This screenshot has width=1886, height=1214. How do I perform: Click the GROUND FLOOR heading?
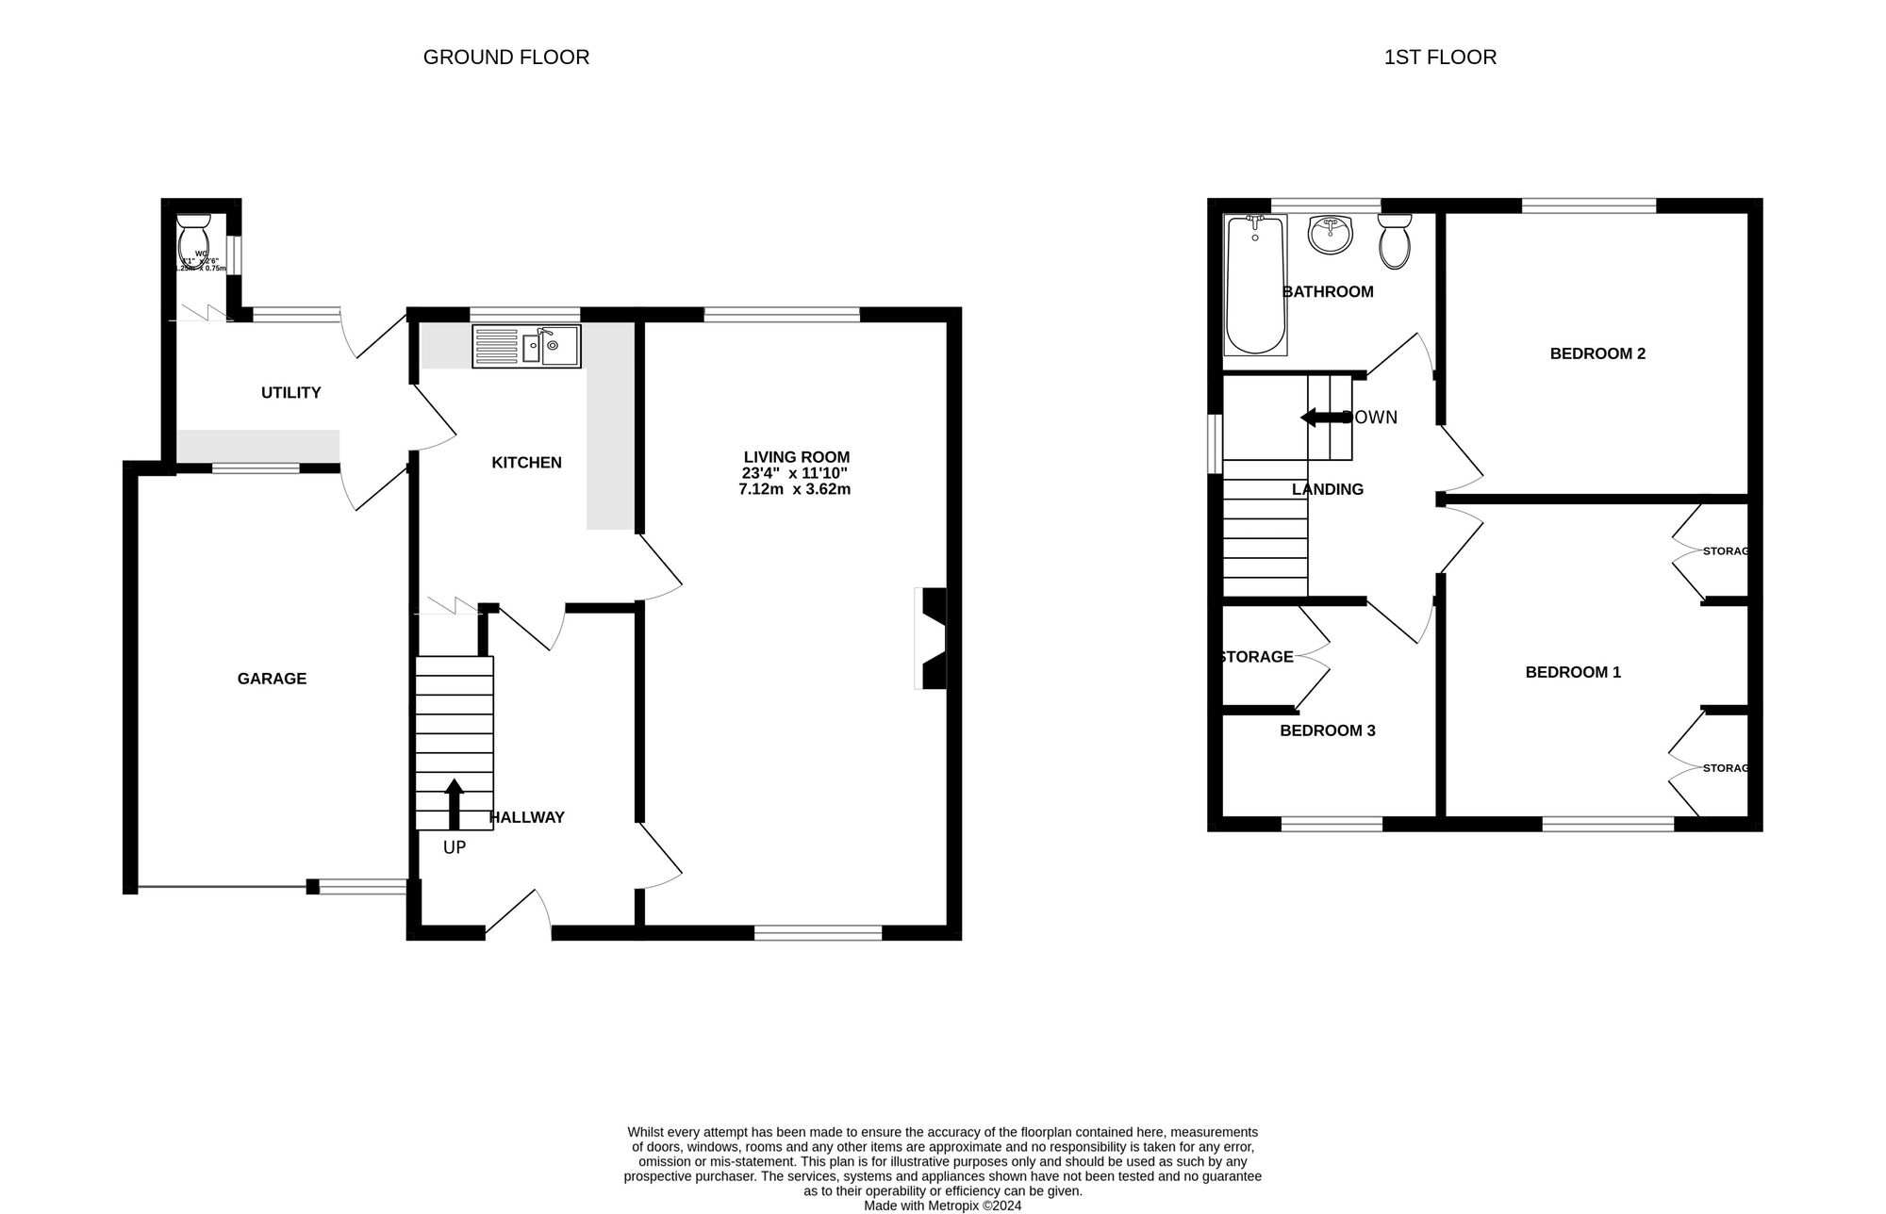coord(506,57)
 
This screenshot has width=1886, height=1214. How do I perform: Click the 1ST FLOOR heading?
coord(1440,57)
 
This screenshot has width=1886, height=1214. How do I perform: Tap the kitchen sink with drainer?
coord(526,346)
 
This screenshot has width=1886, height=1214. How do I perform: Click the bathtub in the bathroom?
coord(1254,284)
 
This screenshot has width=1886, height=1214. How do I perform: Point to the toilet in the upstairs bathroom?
coord(1394,241)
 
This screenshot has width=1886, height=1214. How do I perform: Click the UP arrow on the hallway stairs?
coord(455,803)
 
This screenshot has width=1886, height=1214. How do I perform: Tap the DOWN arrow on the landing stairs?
coord(1320,418)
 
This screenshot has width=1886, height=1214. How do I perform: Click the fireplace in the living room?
coord(932,638)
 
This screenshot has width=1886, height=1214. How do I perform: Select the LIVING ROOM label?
coord(796,457)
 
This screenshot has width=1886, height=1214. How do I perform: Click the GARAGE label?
coord(272,679)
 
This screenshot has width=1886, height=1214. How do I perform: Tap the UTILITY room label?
coord(290,393)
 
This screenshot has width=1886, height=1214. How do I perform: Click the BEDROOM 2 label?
coord(1597,354)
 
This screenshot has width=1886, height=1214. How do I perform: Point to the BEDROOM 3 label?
coord(1327,730)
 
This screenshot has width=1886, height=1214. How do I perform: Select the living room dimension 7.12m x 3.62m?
coord(794,489)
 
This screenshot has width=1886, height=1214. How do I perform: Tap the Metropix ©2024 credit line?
coord(942,1206)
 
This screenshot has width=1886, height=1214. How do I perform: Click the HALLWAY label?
coord(526,817)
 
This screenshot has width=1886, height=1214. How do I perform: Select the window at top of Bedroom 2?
coord(1589,205)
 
